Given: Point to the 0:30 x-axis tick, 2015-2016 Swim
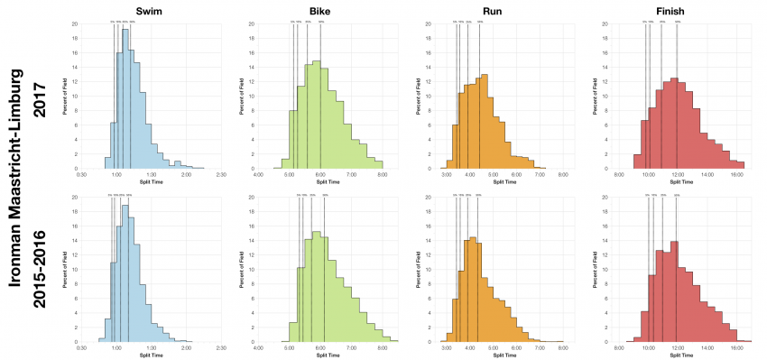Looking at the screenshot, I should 81,347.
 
